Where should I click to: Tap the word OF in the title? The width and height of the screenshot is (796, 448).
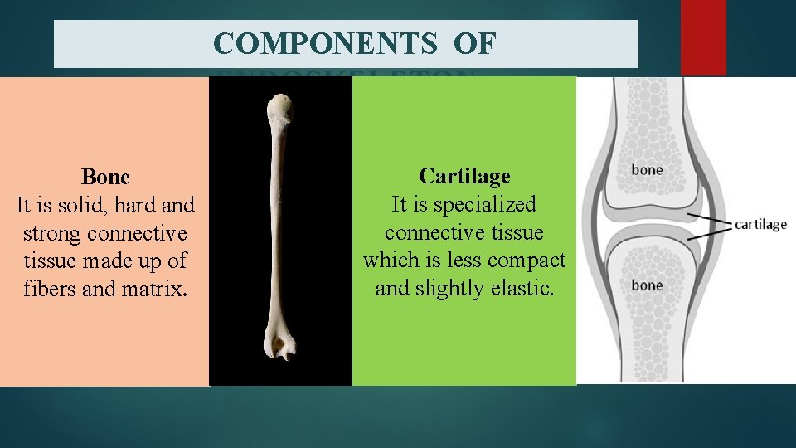click(475, 44)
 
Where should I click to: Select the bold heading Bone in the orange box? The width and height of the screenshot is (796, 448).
click(105, 177)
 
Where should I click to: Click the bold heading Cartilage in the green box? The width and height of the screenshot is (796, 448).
click(464, 176)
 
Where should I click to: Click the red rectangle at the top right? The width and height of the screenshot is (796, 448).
click(703, 37)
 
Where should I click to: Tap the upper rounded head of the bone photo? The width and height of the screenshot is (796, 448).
click(280, 109)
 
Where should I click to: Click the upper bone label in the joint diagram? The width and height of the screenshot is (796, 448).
click(647, 169)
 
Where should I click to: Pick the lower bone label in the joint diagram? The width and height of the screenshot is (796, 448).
click(647, 285)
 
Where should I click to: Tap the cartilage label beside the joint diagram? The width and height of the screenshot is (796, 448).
click(760, 225)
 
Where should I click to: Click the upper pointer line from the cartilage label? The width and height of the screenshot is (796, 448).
click(709, 218)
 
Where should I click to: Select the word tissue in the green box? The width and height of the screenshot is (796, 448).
click(514, 232)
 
